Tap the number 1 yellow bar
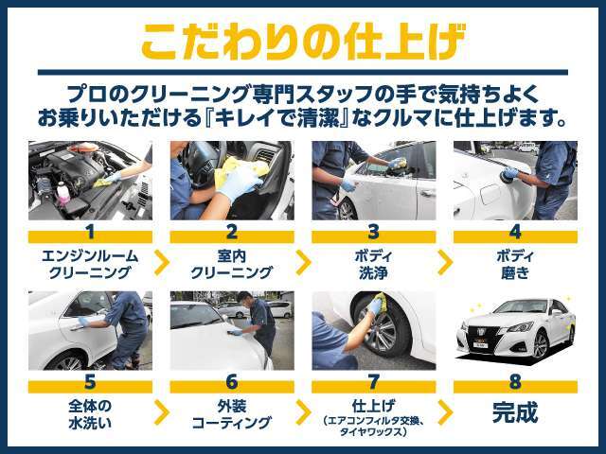[x=90, y=230]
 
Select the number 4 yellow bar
[x=515, y=230]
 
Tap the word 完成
[x=515, y=412]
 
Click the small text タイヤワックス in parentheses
[x=373, y=431]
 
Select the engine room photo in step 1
[x=90, y=181]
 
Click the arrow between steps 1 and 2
[x=160, y=259]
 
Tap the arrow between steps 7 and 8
[x=444, y=412]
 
